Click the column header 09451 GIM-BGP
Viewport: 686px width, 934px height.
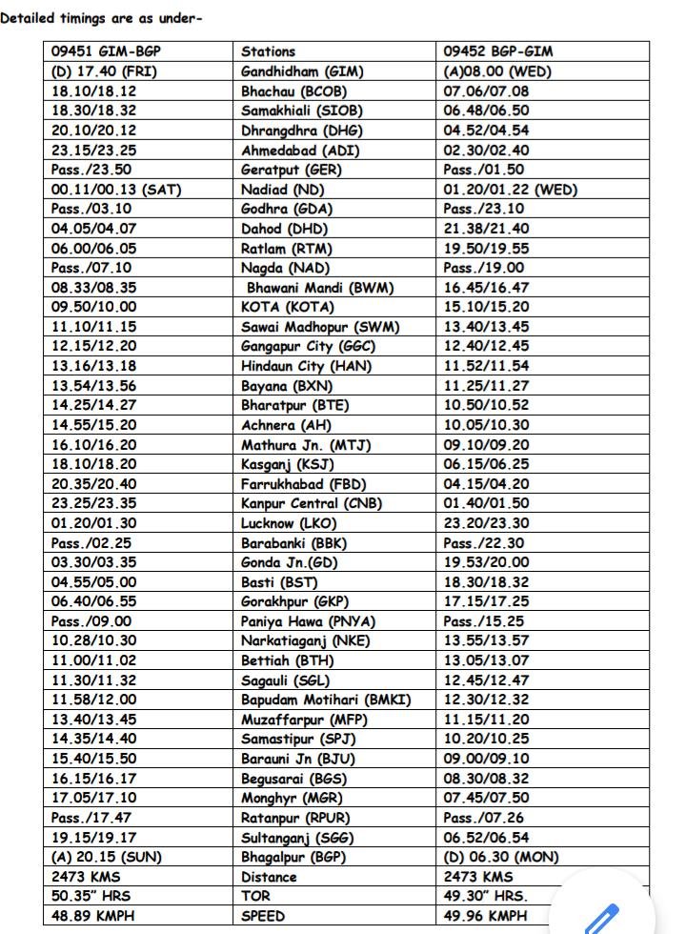point(106,51)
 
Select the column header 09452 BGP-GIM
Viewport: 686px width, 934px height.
point(498,51)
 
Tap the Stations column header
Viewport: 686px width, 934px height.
point(268,51)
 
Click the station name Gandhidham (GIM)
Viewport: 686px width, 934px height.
point(302,71)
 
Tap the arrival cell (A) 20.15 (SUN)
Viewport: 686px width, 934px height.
point(107,857)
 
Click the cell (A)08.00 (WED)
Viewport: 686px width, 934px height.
point(497,71)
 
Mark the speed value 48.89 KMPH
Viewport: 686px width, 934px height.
point(95,916)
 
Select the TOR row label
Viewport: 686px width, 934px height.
point(255,896)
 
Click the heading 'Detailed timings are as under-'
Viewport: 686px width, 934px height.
point(102,18)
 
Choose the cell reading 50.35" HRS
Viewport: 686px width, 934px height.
point(93,896)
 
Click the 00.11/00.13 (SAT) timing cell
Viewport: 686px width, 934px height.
point(116,190)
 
